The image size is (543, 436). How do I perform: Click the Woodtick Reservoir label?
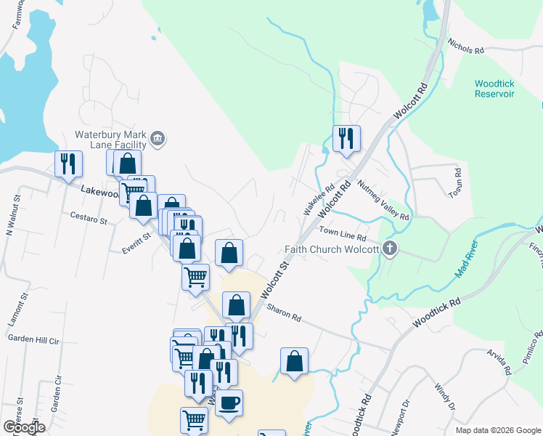494,89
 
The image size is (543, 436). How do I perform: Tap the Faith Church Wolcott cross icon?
390,249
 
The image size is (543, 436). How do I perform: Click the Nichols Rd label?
465,47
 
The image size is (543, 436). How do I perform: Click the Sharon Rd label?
284,312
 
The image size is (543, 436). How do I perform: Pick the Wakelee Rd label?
319,198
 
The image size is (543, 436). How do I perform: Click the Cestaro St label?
89,216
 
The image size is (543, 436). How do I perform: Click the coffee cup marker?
229,403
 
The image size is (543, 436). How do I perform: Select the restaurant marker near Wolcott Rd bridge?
346,137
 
